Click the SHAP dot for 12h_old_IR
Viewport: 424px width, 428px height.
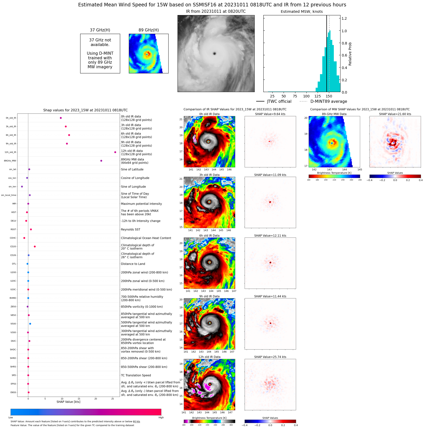pos(115,152)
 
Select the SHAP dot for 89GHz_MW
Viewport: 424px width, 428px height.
pos(101,161)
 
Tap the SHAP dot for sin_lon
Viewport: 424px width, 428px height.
pos(22,187)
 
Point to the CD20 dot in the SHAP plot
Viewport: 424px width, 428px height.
pos(35,246)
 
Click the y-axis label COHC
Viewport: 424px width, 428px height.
pos(13,238)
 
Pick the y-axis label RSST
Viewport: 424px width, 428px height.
pos(13,229)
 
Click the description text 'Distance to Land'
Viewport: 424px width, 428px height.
pos(133,264)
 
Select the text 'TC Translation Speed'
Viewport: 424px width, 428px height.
pos(136,375)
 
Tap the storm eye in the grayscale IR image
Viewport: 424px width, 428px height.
pos(214,53)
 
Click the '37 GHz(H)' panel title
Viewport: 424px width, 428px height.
pos(100,30)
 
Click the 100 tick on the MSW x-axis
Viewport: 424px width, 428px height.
pos(306,96)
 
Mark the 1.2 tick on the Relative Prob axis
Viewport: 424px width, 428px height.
pos(344,18)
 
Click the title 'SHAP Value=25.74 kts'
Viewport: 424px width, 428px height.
pos(270,357)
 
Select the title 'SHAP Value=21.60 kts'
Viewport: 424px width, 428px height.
pos(395,114)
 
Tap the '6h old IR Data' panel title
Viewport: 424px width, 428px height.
pos(209,236)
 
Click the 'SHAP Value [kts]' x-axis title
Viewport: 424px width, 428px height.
pos(68,402)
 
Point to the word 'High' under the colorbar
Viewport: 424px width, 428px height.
pos(161,418)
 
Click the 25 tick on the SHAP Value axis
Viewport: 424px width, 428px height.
pos(112,399)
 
